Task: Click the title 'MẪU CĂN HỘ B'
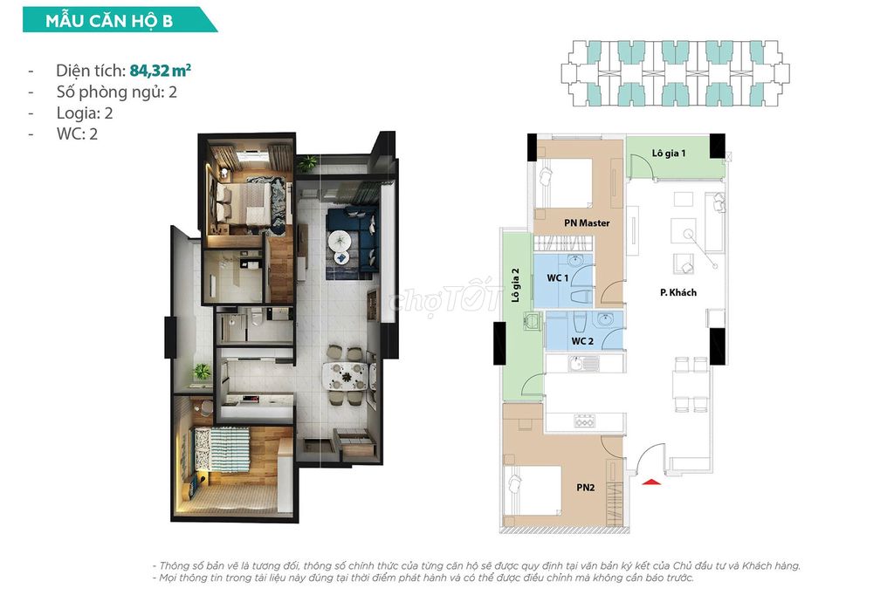(x=109, y=21)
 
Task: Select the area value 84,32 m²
(x=161, y=70)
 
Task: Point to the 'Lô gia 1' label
(x=669, y=154)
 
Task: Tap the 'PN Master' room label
(x=587, y=222)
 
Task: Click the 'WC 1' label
(x=557, y=278)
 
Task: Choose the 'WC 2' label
(x=582, y=341)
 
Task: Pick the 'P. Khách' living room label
(x=677, y=292)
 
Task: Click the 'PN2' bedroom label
(x=586, y=488)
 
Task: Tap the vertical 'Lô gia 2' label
(x=515, y=285)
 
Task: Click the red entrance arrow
(x=651, y=482)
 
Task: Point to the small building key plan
(x=675, y=73)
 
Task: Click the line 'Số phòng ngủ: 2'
(x=116, y=92)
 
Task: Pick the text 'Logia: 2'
(x=85, y=113)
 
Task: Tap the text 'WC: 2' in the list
(x=77, y=134)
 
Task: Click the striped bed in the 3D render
(x=223, y=449)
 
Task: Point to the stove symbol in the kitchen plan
(x=584, y=421)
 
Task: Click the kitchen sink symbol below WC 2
(x=583, y=362)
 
